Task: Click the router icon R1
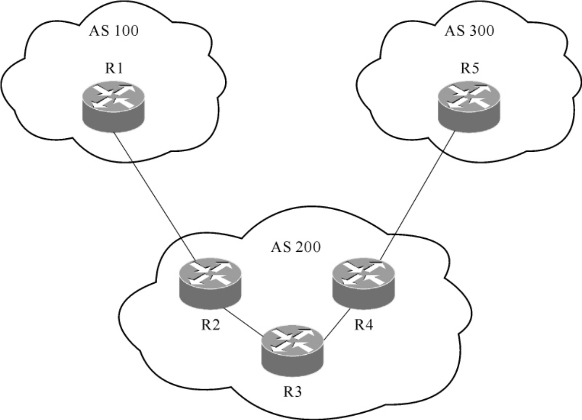113,107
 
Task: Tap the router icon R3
291,349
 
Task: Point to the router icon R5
467,107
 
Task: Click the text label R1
114,68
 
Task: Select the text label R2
211,325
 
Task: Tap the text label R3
293,391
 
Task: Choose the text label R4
364,325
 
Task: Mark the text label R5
468,68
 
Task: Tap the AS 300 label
469,32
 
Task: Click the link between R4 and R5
416,193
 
